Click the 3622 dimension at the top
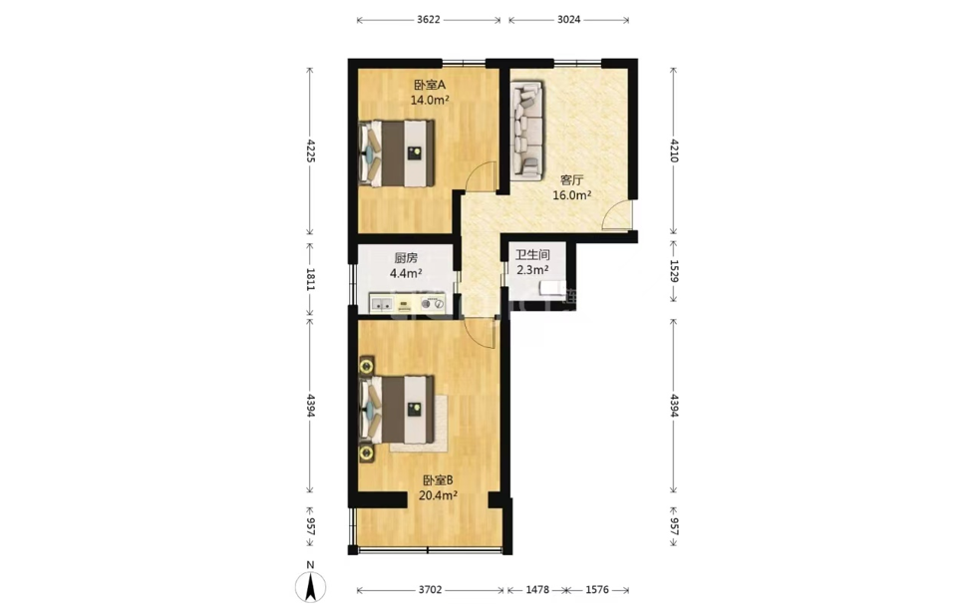click(429, 19)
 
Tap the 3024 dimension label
click(568, 19)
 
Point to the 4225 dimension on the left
click(310, 151)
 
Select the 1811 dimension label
click(310, 279)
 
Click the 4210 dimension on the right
click(674, 151)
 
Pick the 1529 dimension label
click(674, 271)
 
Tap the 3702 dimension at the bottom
click(431, 589)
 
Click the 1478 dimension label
click(537, 589)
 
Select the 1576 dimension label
click(597, 589)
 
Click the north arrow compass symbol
click(311, 587)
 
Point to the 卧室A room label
click(429, 85)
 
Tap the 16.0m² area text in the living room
click(572, 195)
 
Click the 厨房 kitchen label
click(406, 257)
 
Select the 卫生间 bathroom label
click(532, 255)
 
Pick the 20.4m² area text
click(438, 495)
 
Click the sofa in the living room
click(526, 131)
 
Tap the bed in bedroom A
click(397, 153)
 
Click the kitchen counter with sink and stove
click(408, 303)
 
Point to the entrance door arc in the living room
click(617, 214)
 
